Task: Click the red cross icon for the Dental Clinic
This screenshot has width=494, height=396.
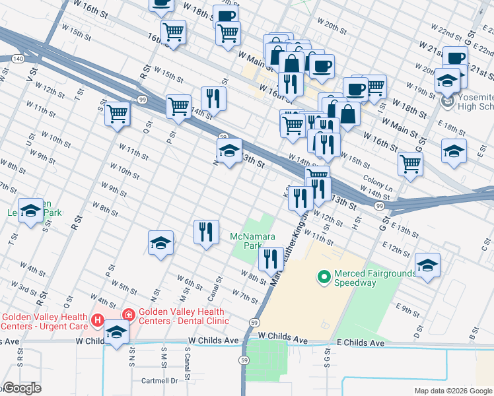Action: pyautogui.click(x=127, y=315)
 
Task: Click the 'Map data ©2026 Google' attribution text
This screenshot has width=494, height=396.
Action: pyautogui.click(x=452, y=391)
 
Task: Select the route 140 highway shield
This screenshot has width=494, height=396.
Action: pyautogui.click(x=17, y=59)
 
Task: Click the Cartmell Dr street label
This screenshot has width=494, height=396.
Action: pyautogui.click(x=160, y=381)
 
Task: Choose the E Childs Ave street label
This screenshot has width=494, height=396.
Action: pyautogui.click(x=361, y=343)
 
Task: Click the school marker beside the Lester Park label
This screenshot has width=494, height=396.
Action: pyautogui.click(x=30, y=211)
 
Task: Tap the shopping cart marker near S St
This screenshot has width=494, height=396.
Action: pyautogui.click(x=118, y=114)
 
